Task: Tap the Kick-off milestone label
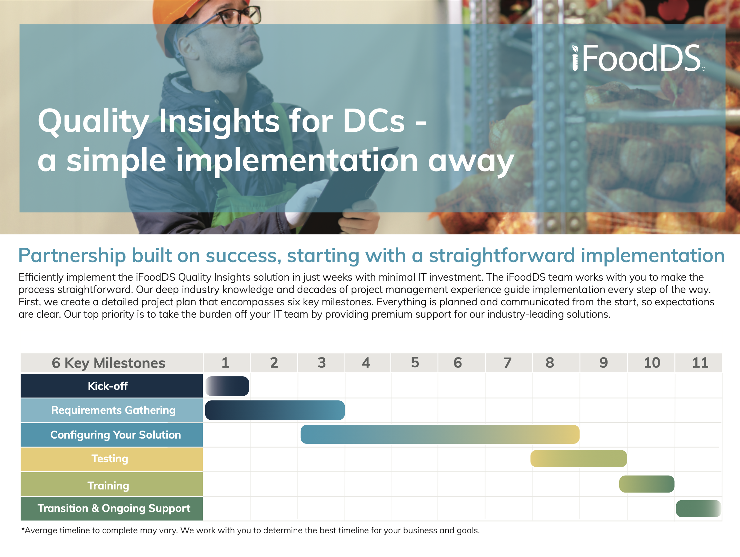pos(108,386)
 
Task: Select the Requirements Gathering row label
pos(113,410)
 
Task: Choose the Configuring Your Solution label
pos(116,435)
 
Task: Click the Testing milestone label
pos(110,459)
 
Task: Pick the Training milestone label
pos(108,486)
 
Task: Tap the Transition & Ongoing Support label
pos(114,509)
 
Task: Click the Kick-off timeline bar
pos(227,386)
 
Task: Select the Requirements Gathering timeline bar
pos(275,410)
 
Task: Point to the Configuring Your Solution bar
pos(440,435)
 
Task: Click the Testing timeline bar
pos(579,459)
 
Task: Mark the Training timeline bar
pos(647,484)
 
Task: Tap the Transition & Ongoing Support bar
pos(698,509)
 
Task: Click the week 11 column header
pos(700,363)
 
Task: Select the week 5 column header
pos(415,363)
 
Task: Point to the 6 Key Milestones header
pos(108,363)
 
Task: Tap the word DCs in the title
pos(374,121)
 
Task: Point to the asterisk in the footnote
pos(23,529)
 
